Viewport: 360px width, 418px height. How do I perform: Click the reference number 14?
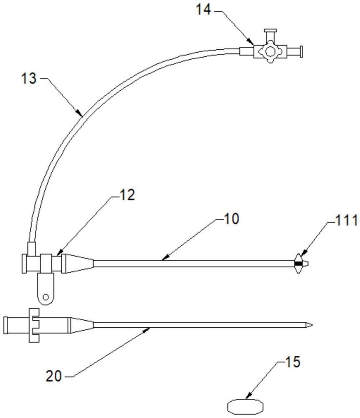click(x=203, y=10)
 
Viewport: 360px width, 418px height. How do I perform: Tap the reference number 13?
click(x=29, y=79)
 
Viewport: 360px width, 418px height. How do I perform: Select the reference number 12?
click(x=127, y=195)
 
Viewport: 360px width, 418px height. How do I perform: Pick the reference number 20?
click(x=54, y=376)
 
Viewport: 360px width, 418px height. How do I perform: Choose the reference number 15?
click(x=292, y=362)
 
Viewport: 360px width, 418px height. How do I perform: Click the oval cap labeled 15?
click(x=245, y=407)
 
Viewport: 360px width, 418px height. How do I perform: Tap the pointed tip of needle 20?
click(x=312, y=325)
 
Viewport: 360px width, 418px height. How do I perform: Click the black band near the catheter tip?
click(x=298, y=264)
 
